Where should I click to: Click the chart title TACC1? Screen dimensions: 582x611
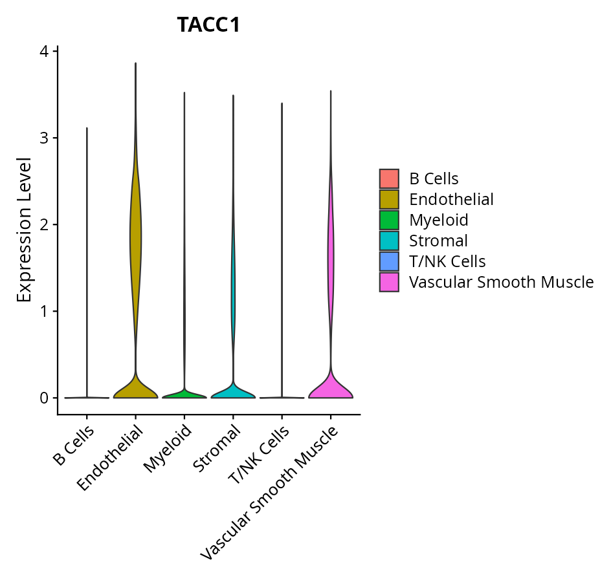coord(208,25)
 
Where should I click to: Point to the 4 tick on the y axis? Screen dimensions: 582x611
coord(46,51)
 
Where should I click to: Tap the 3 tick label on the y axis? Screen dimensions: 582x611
coord(46,138)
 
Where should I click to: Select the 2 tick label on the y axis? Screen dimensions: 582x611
coord(46,224)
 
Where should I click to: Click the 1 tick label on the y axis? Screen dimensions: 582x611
coord(46,311)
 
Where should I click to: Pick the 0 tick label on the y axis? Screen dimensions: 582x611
coord(46,398)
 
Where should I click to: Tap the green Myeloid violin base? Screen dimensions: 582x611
coord(184,394)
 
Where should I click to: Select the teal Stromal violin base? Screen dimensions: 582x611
coord(233,392)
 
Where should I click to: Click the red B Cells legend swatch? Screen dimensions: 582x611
coord(389,178)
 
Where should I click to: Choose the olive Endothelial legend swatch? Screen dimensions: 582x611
coord(389,199)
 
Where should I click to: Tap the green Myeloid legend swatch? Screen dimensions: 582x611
coord(389,220)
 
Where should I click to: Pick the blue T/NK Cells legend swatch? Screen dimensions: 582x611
coord(389,261)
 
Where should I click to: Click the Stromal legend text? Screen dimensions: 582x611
coord(438,241)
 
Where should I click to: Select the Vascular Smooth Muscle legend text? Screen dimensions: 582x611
coord(501,282)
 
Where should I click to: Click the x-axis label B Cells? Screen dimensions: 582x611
coord(72,446)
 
